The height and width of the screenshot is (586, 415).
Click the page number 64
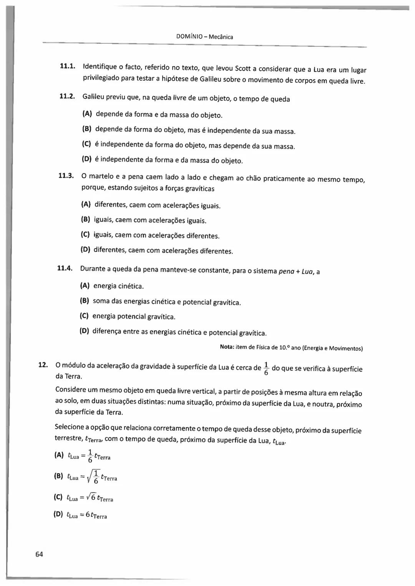coord(39,554)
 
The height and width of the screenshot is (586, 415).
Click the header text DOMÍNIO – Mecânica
coord(204,37)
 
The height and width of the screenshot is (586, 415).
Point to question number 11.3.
coord(66,176)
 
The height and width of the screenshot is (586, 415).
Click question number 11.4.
coord(65,268)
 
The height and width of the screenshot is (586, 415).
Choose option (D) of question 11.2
coord(87,158)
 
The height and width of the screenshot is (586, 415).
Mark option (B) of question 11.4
coord(84,300)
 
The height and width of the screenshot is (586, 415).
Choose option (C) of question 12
coord(58,497)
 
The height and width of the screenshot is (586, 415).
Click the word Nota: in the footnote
coord(227,347)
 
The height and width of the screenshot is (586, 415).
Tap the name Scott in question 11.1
coord(242,69)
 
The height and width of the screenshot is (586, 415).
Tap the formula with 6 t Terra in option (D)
coord(96,515)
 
